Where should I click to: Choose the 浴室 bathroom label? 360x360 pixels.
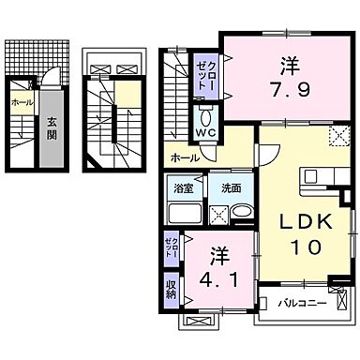[182, 186]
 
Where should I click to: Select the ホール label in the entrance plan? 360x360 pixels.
[22, 102]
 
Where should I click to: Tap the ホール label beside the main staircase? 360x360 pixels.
[183, 157]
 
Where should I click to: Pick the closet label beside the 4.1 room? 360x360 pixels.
[172, 248]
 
